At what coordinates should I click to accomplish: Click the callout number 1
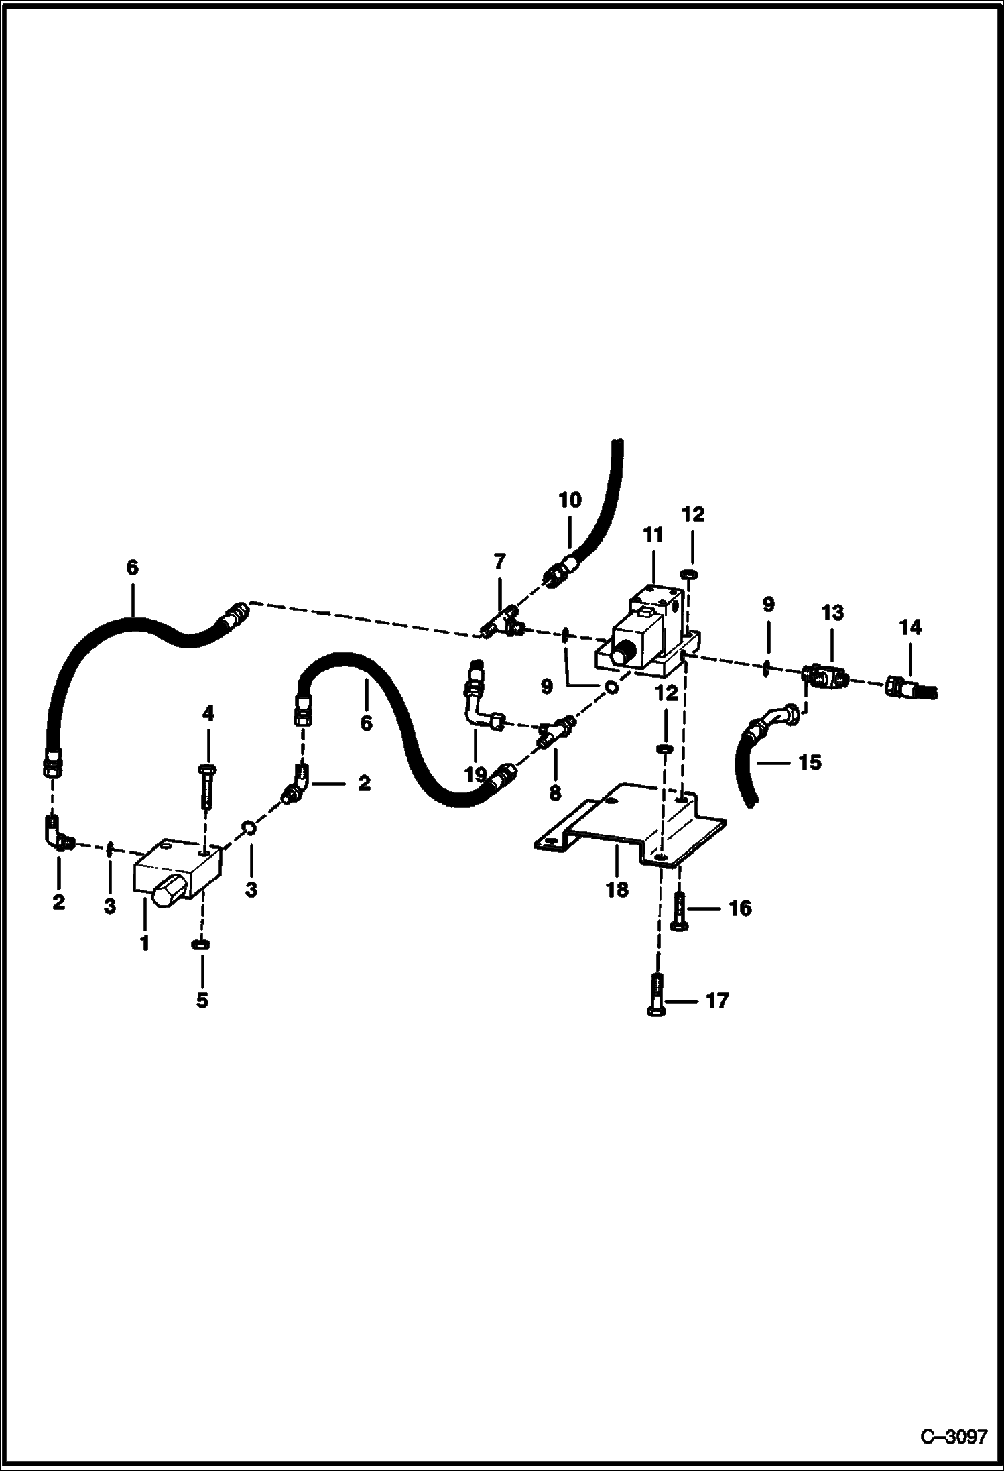[144, 943]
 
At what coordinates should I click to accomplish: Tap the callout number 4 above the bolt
[208, 714]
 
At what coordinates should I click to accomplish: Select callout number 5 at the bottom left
[202, 1000]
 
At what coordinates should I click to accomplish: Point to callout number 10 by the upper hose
[570, 500]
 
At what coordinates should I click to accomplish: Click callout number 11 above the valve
[653, 535]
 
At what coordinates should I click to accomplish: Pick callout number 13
[832, 613]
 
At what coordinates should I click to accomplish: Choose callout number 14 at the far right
[911, 628]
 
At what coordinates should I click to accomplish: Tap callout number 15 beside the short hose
[810, 762]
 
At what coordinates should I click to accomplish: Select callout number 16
[740, 908]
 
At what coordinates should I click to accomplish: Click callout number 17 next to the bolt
[717, 1000]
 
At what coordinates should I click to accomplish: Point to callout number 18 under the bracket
[617, 890]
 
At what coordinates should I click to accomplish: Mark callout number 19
[475, 775]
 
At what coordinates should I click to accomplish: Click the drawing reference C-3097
[953, 1437]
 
